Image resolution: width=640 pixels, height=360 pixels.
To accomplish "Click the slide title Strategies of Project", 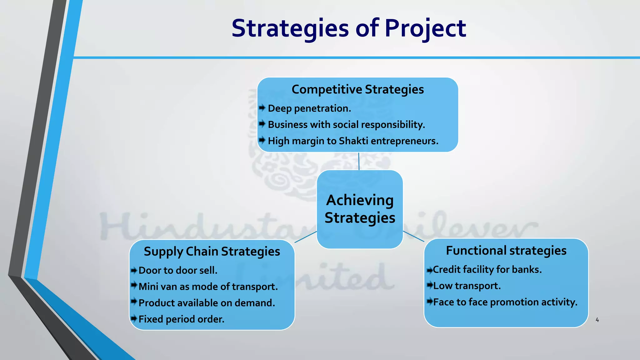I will pyautogui.click(x=349, y=28).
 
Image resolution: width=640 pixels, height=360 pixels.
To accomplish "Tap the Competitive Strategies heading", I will pyautogui.click(x=357, y=89).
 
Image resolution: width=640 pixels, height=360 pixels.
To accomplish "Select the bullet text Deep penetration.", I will pyautogui.click(x=309, y=108).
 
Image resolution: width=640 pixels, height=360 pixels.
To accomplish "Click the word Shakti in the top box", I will pyautogui.click(x=353, y=141).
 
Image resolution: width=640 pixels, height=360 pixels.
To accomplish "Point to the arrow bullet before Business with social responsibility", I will pyautogui.click(x=262, y=124).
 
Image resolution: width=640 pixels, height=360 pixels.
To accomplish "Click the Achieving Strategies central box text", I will pyautogui.click(x=360, y=209).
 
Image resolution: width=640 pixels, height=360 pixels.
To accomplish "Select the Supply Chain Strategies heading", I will pyautogui.click(x=212, y=251).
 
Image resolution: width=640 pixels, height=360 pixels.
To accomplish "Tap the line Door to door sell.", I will pyautogui.click(x=178, y=270).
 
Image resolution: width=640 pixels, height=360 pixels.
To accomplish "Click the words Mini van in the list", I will pyautogui.click(x=157, y=287).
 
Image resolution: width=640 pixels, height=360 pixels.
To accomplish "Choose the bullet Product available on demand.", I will pyautogui.click(x=207, y=303).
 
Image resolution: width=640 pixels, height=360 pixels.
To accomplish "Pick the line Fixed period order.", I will pyautogui.click(x=181, y=319).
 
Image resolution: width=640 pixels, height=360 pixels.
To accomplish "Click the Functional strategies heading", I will pyautogui.click(x=506, y=251).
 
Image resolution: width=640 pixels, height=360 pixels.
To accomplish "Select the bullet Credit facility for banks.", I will pyautogui.click(x=487, y=269).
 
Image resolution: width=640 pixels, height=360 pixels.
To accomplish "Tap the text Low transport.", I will pyautogui.click(x=467, y=286).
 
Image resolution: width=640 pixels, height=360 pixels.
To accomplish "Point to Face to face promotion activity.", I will pyautogui.click(x=505, y=302).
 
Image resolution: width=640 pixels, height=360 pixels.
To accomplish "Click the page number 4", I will pyautogui.click(x=597, y=320).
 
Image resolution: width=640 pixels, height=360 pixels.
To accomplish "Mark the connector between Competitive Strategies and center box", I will pyautogui.click(x=359, y=161).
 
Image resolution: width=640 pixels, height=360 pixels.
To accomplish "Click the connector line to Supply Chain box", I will pyautogui.click(x=306, y=237).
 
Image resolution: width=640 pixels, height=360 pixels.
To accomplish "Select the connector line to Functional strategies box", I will pyautogui.click(x=413, y=236).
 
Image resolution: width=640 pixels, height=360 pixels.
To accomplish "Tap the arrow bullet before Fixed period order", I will pyautogui.click(x=134, y=319).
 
